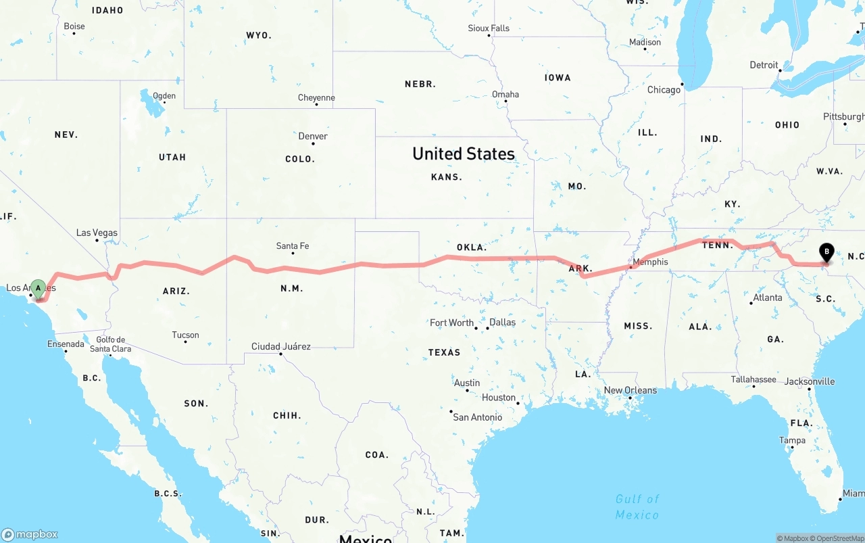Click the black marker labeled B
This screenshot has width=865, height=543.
(x=826, y=253)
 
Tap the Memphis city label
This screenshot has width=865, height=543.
(x=650, y=262)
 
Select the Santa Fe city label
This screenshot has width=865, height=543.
(x=293, y=246)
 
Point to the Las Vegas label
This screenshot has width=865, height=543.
(x=97, y=233)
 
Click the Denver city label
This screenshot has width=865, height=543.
(x=313, y=136)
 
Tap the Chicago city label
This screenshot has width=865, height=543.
(x=664, y=90)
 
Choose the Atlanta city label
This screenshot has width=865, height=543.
(x=768, y=298)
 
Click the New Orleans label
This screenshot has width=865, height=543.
(x=630, y=390)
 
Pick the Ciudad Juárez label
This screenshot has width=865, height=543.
(x=281, y=346)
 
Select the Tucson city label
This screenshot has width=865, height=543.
(x=185, y=335)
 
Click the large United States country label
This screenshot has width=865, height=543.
(x=464, y=154)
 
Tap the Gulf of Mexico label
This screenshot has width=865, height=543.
(x=637, y=506)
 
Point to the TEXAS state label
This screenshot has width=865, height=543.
(x=444, y=352)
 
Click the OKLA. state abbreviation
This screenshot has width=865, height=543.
(x=471, y=247)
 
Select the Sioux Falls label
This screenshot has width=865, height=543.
(x=489, y=28)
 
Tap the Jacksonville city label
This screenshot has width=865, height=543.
(x=809, y=381)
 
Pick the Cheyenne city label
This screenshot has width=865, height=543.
(x=316, y=98)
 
